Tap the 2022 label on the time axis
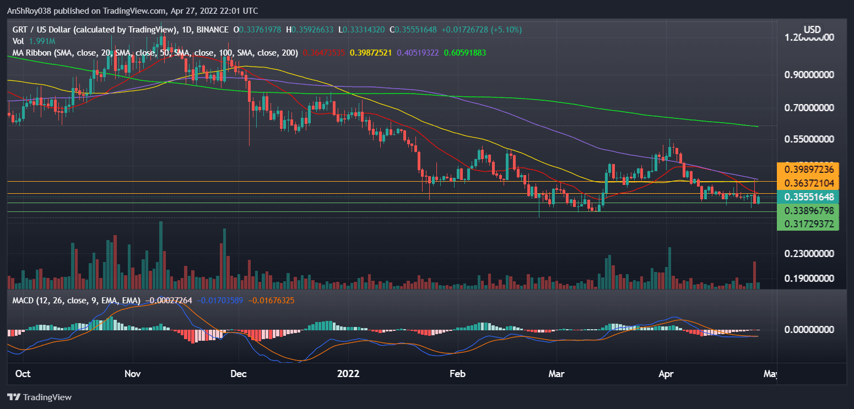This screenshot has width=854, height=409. tap(348, 374)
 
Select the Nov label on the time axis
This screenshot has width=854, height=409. tap(133, 374)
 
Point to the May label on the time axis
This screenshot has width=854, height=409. tap(771, 374)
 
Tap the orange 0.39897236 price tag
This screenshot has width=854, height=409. tap(807, 168)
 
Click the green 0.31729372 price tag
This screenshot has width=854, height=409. tap(807, 224)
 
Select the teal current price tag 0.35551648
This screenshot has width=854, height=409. tap(807, 197)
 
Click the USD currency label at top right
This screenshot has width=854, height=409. tap(812, 29)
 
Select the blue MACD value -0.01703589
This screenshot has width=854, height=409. tap(219, 301)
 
